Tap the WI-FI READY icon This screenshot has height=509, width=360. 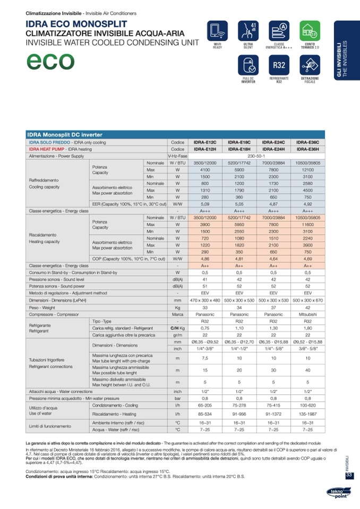point(217,30)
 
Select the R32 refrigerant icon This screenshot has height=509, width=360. point(279,65)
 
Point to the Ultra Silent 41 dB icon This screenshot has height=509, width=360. point(248,30)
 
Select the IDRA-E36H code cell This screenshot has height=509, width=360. point(307,149)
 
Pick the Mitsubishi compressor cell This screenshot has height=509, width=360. point(307,314)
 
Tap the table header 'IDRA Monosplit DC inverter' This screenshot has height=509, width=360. point(65,135)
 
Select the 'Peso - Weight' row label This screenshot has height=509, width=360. point(42,307)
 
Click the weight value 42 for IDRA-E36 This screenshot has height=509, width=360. point(307,307)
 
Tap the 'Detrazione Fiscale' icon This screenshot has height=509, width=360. point(310,65)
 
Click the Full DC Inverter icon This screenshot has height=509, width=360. point(248,65)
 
